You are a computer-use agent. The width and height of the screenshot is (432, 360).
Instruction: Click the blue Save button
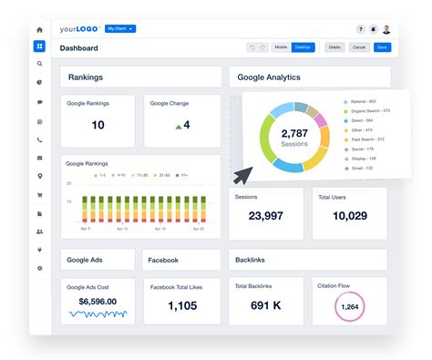(381, 47)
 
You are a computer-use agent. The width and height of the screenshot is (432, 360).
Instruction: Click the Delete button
(334, 47)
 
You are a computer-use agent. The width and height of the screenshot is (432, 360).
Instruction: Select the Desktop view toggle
(303, 47)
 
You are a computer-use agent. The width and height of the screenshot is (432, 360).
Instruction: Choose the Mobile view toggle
(281, 47)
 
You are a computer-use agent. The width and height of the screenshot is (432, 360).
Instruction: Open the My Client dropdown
(120, 29)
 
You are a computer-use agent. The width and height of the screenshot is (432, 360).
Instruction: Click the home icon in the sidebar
(39, 30)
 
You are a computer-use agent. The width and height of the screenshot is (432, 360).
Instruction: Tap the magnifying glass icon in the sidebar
(39, 64)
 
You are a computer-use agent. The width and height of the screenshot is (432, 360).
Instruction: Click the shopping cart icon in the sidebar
(39, 194)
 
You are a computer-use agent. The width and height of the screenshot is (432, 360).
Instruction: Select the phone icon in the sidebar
(39, 139)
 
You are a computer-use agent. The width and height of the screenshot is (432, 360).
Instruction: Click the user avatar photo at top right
(386, 29)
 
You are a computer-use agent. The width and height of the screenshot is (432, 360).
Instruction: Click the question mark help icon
(360, 29)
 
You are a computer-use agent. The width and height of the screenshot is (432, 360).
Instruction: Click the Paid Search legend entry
(366, 139)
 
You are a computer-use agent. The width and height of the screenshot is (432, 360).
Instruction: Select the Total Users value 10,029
(349, 216)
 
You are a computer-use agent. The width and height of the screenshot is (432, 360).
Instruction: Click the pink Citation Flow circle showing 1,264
(349, 307)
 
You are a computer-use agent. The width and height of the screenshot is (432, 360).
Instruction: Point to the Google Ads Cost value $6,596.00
(97, 301)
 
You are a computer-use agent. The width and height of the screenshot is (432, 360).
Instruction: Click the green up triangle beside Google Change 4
(178, 126)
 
